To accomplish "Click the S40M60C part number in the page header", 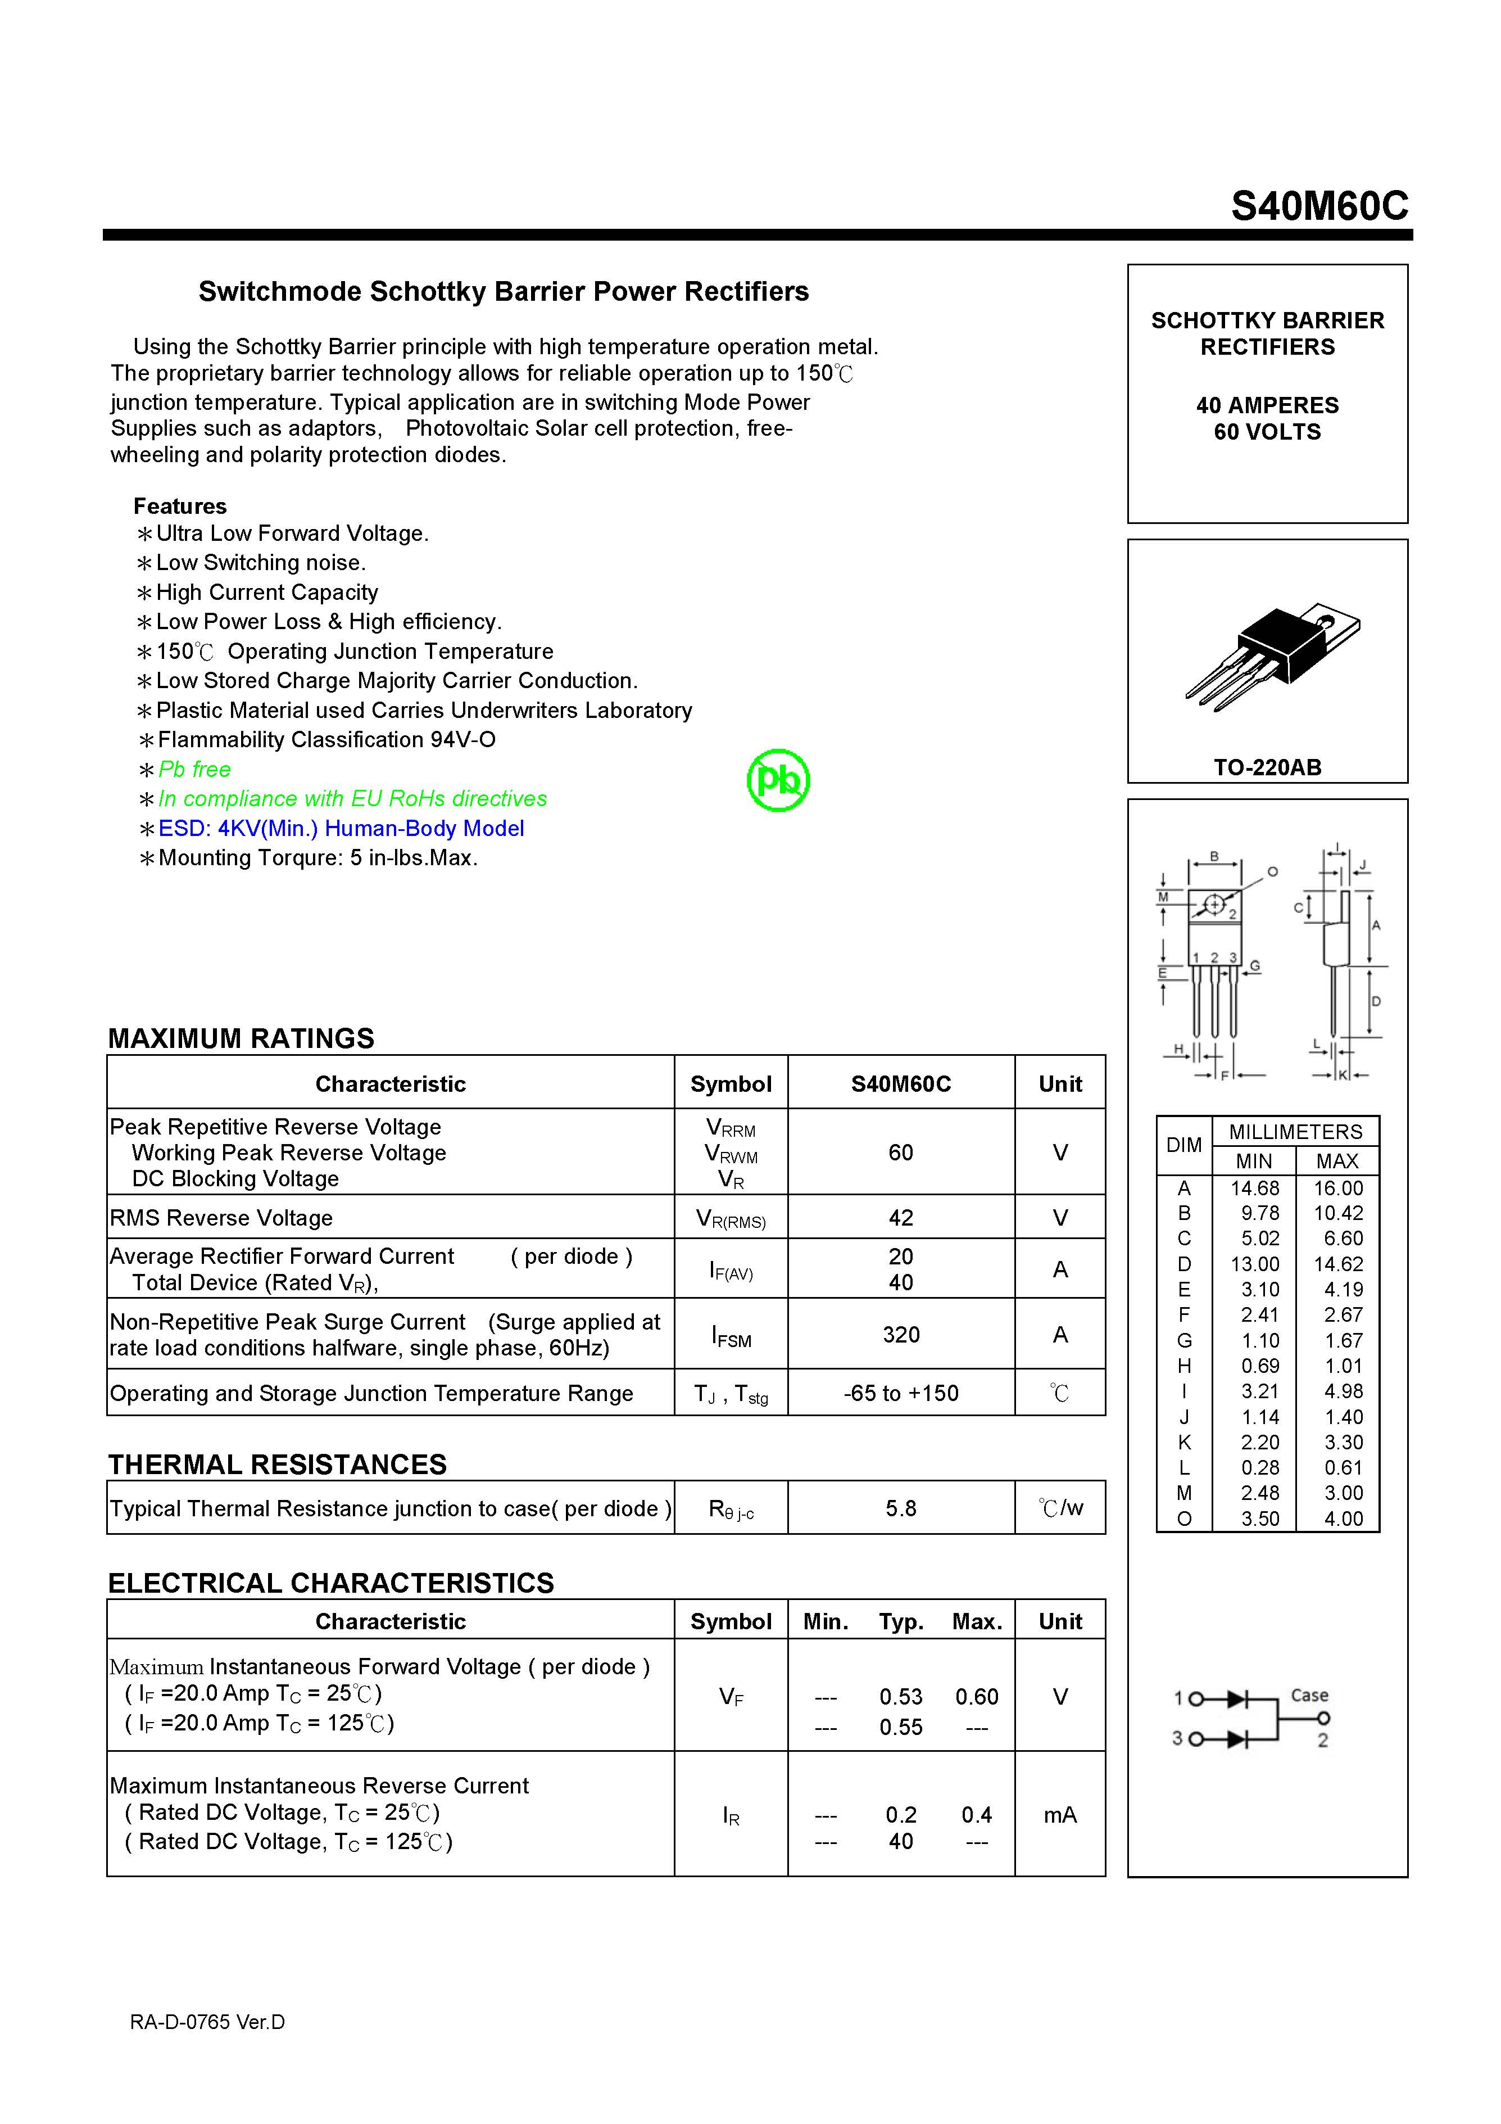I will pyautogui.click(x=1319, y=206).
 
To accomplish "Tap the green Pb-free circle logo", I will pyautogui.click(x=778, y=781).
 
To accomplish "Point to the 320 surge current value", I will pyautogui.click(x=901, y=1334).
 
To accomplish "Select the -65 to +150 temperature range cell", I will pyautogui.click(x=901, y=1393).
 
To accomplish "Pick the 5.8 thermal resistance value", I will pyautogui.click(x=901, y=1509).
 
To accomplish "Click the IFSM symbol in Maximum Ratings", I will pyautogui.click(x=731, y=1336).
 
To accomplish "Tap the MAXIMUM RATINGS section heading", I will pyautogui.click(x=242, y=1038).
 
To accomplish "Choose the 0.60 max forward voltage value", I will pyautogui.click(x=977, y=1697).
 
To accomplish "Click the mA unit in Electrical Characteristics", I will pyautogui.click(x=1060, y=1815).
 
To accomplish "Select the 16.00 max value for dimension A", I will pyautogui.click(x=1338, y=1188).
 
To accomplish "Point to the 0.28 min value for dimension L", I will pyautogui.click(x=1259, y=1467).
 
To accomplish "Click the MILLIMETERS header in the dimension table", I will pyautogui.click(x=1295, y=1131).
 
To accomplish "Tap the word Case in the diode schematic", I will pyautogui.click(x=1309, y=1695).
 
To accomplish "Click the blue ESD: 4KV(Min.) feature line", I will pyautogui.click(x=341, y=828).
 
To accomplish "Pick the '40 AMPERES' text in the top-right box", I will pyautogui.click(x=1267, y=405).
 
